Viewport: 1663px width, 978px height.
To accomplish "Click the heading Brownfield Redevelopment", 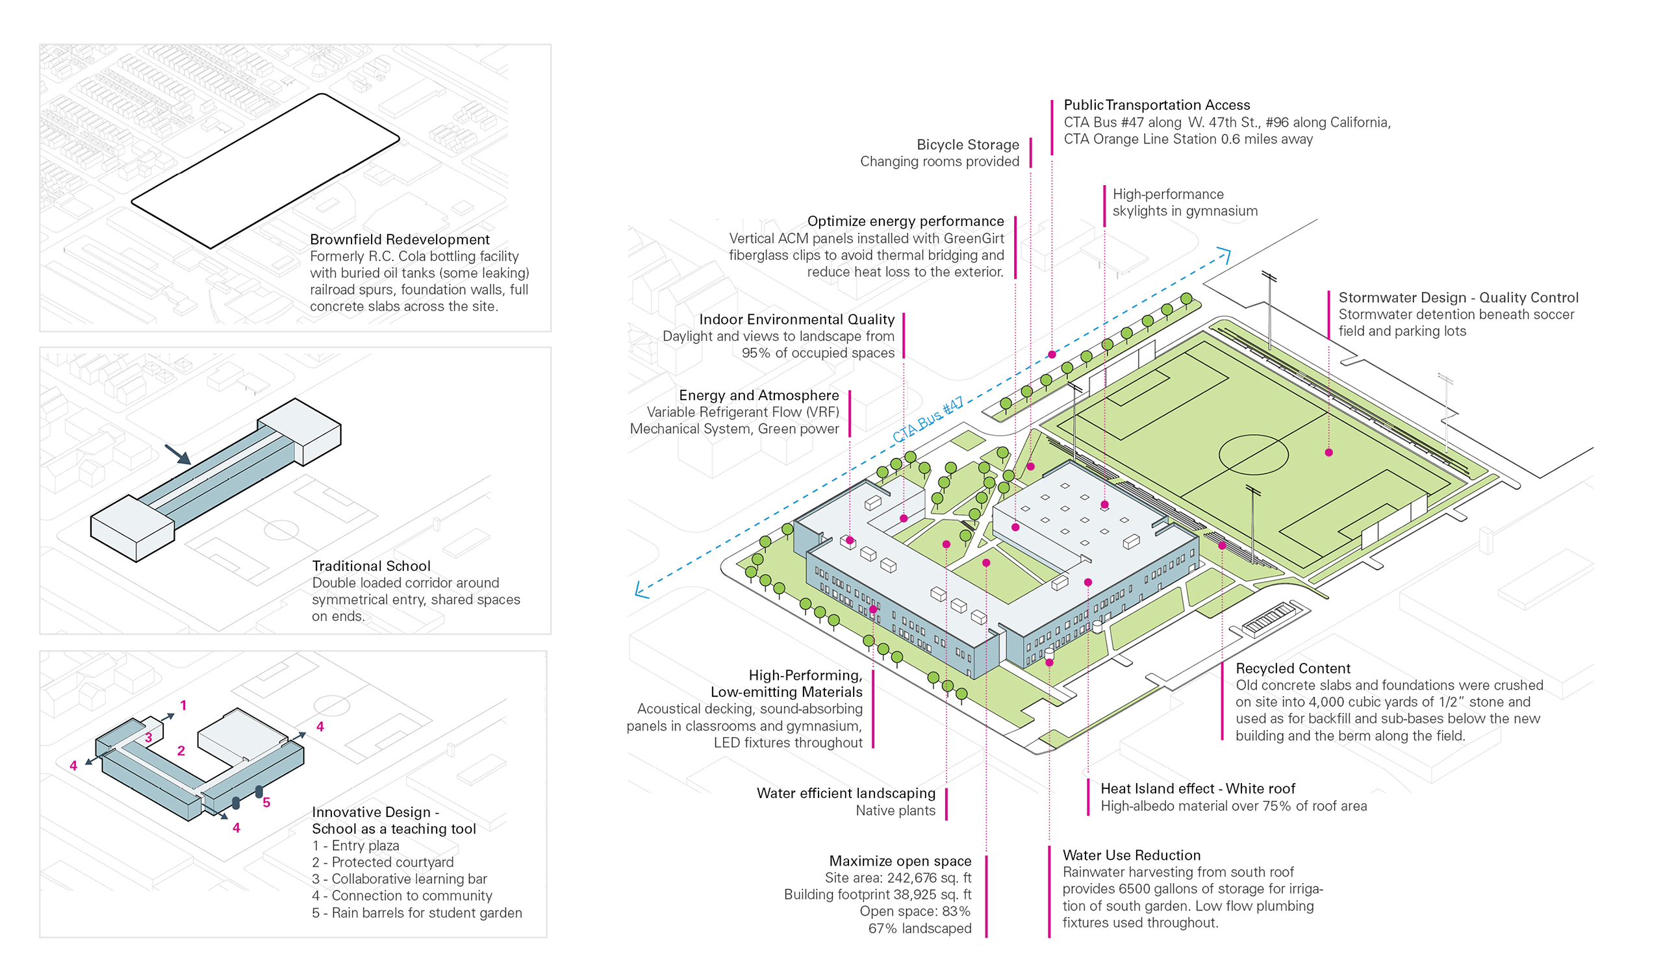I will click(x=400, y=240).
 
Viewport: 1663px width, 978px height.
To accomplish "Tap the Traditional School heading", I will click(x=371, y=566).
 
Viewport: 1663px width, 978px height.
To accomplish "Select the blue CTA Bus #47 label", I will click(x=928, y=420).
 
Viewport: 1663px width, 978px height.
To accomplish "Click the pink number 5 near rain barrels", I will click(x=266, y=803).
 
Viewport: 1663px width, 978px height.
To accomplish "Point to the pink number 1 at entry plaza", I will click(x=183, y=705).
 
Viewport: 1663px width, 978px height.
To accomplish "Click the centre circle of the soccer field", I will click(x=1252, y=455).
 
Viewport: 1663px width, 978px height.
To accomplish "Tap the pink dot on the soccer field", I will click(x=1328, y=453).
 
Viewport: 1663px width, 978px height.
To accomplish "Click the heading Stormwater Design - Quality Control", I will click(x=1458, y=297).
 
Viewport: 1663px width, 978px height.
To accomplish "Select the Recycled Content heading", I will click(x=1293, y=668).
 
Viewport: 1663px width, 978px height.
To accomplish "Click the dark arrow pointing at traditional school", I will click(x=178, y=455).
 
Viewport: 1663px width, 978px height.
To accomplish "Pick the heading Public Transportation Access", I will click(x=1156, y=105).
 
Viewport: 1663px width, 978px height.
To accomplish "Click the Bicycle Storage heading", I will click(x=967, y=145).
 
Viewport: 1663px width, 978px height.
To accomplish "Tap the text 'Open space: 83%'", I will click(x=915, y=911).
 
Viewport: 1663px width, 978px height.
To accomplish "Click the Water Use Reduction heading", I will click(x=1131, y=855).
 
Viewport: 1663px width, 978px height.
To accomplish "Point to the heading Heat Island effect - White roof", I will click(x=1197, y=788).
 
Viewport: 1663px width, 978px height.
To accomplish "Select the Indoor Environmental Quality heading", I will click(x=796, y=320).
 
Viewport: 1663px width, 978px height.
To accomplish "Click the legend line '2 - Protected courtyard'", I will click(x=383, y=862).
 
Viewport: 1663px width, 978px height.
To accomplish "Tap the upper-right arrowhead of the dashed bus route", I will click(x=1225, y=253).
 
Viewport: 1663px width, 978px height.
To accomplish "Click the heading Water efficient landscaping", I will click(x=845, y=793).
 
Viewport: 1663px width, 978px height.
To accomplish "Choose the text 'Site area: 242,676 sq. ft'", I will click(x=898, y=878).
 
